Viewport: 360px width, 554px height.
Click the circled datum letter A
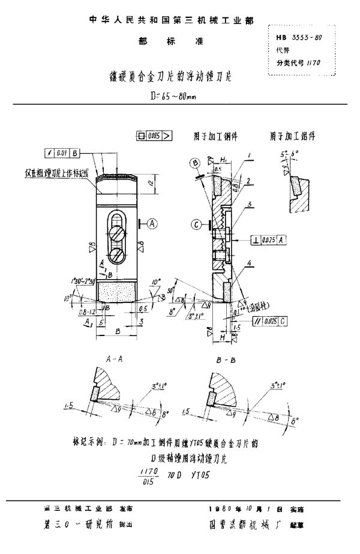click(x=151, y=223)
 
